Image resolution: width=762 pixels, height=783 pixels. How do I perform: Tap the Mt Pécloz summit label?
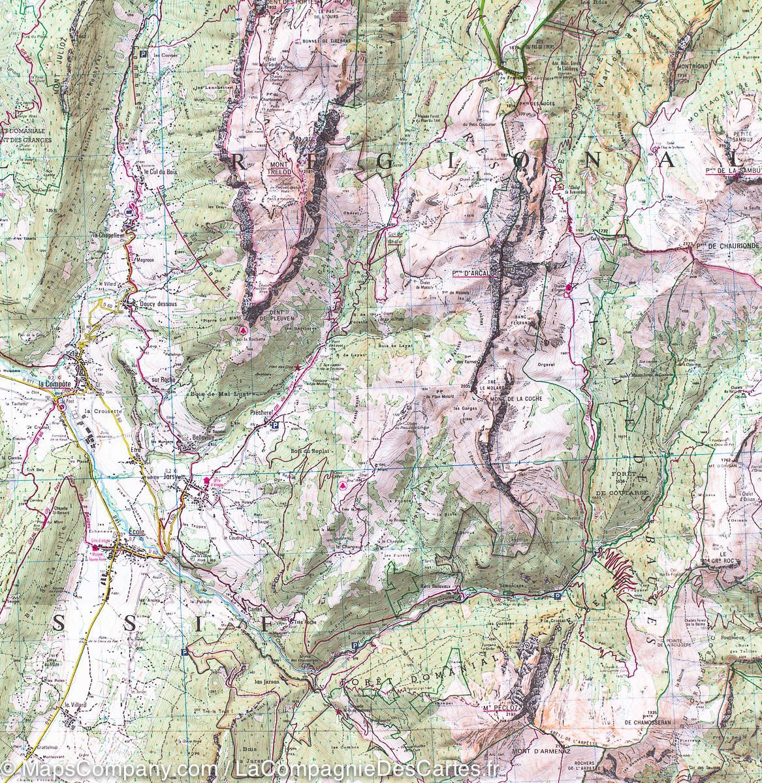[x=496, y=709]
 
